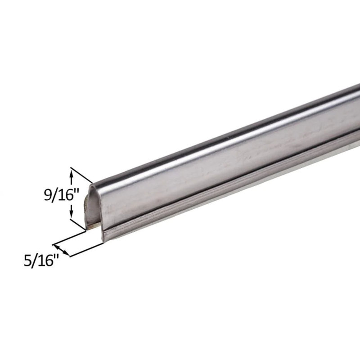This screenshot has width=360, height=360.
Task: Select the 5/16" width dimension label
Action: point(41,261)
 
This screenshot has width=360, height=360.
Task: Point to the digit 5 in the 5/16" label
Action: point(28,261)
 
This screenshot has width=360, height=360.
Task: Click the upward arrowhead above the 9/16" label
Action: point(71,171)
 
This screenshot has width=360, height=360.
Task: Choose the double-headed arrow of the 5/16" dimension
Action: point(62,249)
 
